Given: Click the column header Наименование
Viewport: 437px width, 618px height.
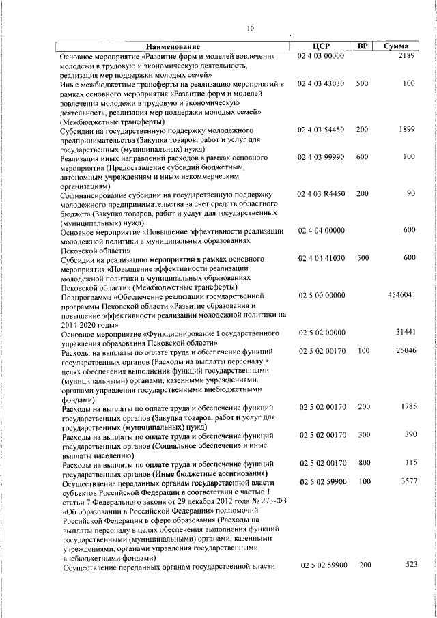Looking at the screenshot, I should (x=172, y=46).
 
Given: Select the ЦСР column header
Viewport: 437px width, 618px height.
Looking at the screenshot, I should (x=320, y=46).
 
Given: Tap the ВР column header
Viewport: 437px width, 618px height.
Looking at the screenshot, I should (x=363, y=46).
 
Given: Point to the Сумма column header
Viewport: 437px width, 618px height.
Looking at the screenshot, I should (x=396, y=46).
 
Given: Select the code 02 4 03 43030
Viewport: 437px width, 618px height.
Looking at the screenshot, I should (x=321, y=83).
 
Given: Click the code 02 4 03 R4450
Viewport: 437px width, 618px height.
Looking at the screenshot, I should (x=321, y=194).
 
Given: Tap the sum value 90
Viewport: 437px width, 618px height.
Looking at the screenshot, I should (x=410, y=194).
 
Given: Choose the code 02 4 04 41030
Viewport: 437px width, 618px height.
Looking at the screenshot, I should (x=321, y=258).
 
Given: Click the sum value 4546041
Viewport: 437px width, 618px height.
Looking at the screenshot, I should (x=401, y=295).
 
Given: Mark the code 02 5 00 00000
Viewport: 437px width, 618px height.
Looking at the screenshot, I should (x=321, y=295).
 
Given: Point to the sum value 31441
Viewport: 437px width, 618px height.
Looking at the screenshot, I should (x=406, y=332).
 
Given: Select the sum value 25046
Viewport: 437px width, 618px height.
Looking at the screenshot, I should (x=406, y=350).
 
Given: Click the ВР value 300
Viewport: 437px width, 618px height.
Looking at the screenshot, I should (x=363, y=434).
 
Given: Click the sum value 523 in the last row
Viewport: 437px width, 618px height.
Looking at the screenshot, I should (x=410, y=565).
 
